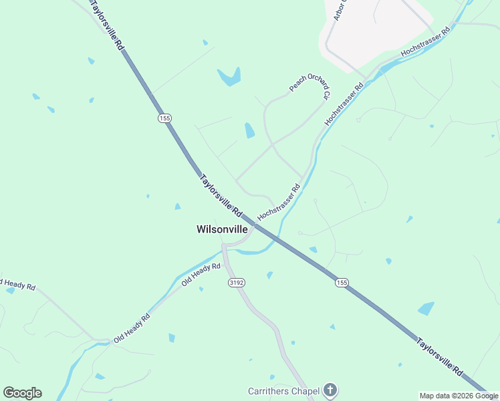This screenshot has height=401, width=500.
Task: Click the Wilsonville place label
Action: (x=222, y=229)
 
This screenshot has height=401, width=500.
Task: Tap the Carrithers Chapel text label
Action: (x=283, y=390)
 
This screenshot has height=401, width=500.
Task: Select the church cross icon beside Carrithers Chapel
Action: (x=330, y=390)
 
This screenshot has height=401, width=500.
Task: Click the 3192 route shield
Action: (x=236, y=283)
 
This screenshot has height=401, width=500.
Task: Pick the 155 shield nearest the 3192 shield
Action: (x=342, y=283)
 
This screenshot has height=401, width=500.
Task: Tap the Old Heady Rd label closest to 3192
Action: (x=201, y=275)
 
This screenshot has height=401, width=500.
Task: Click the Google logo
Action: (x=22, y=393)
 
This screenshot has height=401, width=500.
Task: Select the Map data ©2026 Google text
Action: (x=459, y=396)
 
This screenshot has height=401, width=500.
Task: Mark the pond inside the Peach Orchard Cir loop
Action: (x=249, y=130)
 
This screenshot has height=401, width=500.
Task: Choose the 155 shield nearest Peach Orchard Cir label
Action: (x=165, y=118)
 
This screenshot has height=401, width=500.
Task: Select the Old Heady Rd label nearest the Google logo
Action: (x=132, y=327)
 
